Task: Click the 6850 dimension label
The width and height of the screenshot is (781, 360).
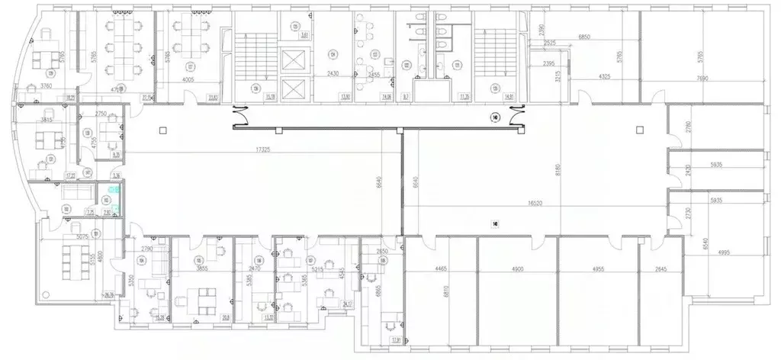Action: pos(586,37)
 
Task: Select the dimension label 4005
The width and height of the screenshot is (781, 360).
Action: pos(190,80)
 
